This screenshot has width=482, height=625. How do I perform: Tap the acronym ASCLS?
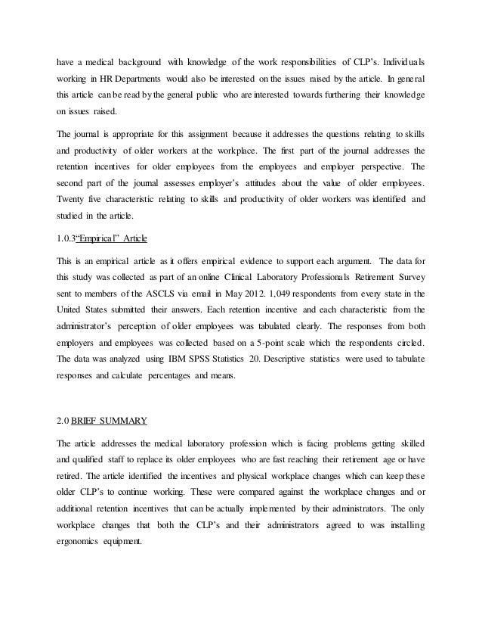pos(168,292)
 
